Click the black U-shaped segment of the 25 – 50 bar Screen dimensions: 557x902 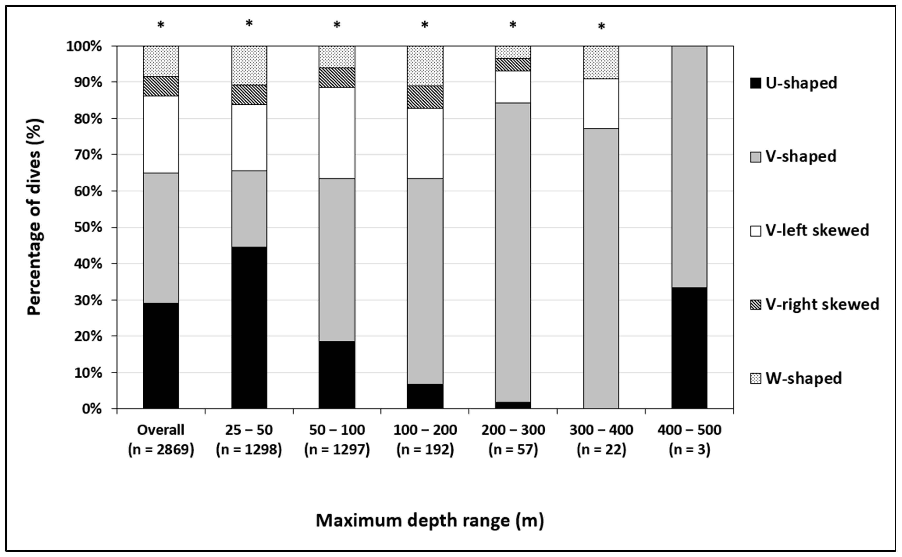coord(249,328)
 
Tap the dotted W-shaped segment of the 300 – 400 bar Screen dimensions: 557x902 coord(601,62)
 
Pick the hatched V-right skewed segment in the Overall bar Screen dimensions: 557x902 coord(161,86)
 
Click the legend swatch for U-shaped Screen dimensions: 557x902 coord(755,83)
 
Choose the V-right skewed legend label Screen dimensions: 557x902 coord(822,304)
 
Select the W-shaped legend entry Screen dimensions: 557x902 coord(803,378)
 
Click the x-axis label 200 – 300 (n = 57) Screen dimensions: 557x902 coord(513,440)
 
